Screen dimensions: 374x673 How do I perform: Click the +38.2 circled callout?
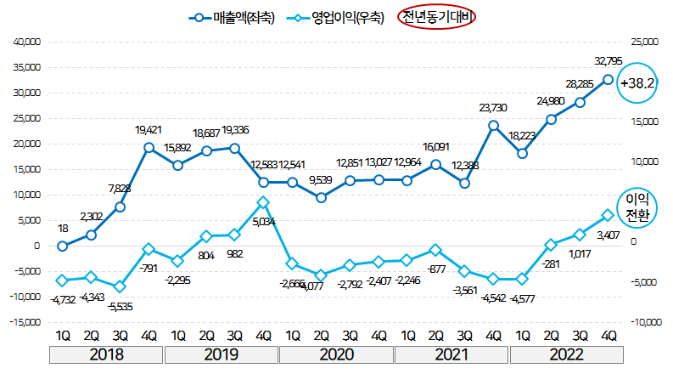click(x=638, y=84)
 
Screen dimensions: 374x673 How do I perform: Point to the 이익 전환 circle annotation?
click(x=637, y=207)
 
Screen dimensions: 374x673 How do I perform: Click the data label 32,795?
click(x=608, y=61)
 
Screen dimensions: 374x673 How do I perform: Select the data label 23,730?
click(x=492, y=107)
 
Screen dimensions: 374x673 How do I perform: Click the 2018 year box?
click(x=106, y=354)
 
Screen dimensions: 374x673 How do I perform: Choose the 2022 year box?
click(x=565, y=354)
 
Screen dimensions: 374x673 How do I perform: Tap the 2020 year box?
click(x=335, y=354)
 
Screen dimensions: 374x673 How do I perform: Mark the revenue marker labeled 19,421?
click(x=149, y=148)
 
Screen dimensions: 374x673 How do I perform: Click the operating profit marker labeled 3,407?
click(x=608, y=215)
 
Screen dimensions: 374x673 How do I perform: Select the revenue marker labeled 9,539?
click(x=321, y=198)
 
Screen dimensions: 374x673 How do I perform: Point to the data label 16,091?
click(x=435, y=146)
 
